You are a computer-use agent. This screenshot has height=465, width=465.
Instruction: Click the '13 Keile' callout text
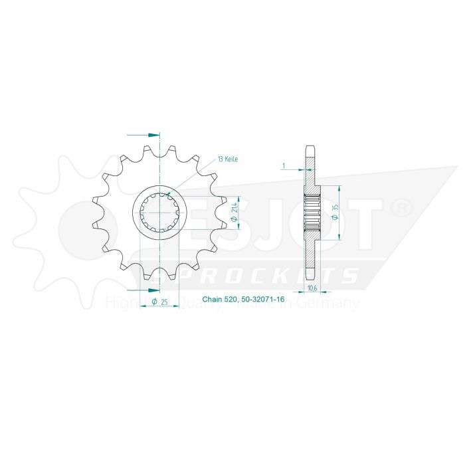(227, 159)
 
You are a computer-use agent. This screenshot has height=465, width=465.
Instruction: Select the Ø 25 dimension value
(159, 302)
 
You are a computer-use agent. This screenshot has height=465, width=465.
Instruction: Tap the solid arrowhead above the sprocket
(154, 135)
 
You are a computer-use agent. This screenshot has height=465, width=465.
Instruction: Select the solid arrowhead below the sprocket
(154, 290)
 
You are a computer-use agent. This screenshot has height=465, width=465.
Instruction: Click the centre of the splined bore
(159, 213)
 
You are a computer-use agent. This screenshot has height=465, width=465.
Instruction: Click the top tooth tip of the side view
(310, 147)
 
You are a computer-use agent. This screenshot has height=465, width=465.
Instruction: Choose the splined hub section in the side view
(311, 213)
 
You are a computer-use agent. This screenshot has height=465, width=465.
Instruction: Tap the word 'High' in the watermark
(119, 304)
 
